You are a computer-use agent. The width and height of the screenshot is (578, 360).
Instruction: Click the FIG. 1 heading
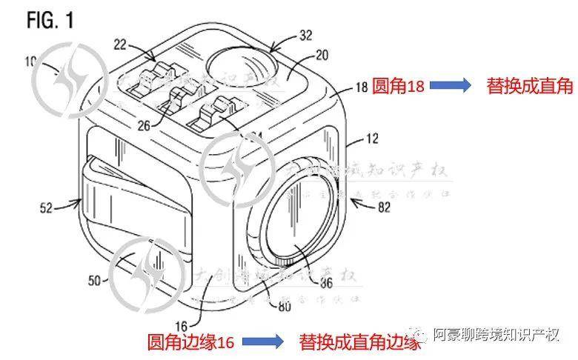50,20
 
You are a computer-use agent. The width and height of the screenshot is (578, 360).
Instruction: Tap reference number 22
122,46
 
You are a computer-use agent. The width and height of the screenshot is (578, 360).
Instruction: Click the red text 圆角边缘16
190,342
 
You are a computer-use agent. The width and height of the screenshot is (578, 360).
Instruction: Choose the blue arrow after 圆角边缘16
263,342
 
